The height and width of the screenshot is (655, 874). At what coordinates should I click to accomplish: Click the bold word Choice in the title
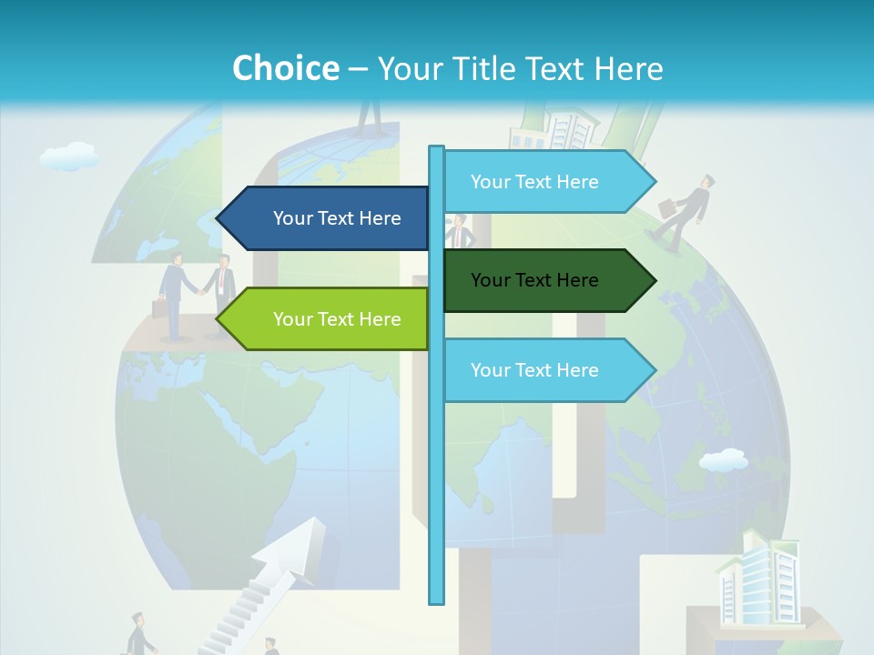coord(285,68)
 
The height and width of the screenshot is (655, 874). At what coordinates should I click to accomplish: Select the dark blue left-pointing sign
coord(328,218)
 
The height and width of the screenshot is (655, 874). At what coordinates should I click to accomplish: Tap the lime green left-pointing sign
coord(328,319)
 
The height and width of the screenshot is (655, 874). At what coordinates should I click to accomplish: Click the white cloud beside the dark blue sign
coord(70,156)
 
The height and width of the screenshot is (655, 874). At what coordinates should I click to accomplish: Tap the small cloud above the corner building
coord(724,460)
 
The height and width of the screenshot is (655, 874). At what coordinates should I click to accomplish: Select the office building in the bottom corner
coord(757,580)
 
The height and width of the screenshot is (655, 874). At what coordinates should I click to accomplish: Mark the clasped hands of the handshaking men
coord(199,290)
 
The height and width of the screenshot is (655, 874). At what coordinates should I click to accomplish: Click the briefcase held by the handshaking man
coord(159,307)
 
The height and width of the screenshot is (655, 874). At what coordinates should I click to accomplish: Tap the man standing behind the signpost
coord(462,233)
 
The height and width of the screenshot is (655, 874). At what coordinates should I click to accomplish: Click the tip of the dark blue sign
coord(218,218)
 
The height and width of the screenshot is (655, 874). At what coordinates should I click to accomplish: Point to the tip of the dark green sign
coord(654,280)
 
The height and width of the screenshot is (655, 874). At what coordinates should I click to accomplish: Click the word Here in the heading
coord(628,68)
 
